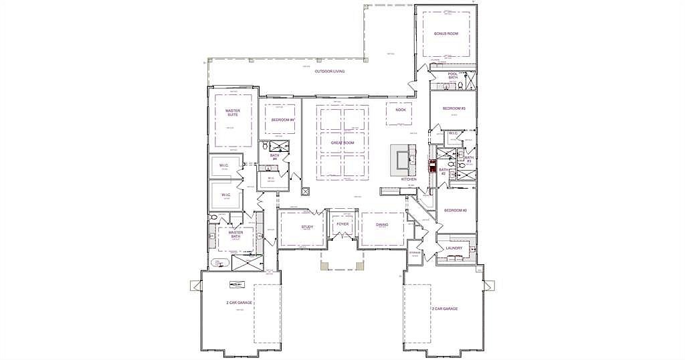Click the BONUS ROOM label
(446, 33)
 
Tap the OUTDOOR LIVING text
(330, 71)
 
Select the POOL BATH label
(453, 76)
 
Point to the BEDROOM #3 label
(454, 108)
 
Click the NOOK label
(401, 110)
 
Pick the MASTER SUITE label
(232, 113)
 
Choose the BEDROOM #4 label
(283, 120)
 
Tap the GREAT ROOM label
(342, 143)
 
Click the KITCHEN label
(409, 179)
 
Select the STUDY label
(307, 227)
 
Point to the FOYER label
(342, 224)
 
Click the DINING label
(382, 225)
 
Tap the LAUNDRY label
(454, 248)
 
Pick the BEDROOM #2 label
(455, 211)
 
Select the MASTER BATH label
(235, 235)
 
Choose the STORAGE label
(415, 253)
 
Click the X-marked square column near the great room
(305, 191)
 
